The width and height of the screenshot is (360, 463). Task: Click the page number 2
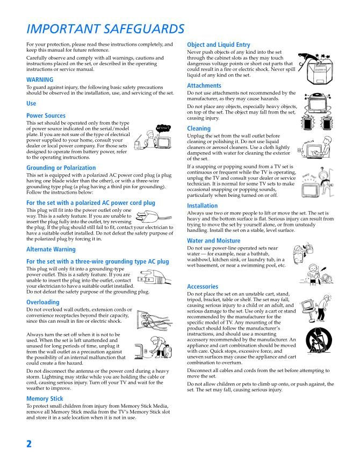click(x=29, y=443)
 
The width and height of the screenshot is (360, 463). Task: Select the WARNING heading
click(x=40, y=80)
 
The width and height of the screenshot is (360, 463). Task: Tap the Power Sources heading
click(x=46, y=116)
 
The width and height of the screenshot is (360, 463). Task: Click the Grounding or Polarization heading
click(x=61, y=168)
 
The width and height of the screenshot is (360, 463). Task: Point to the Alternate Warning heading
click(x=51, y=250)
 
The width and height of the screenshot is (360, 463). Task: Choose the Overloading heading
click(x=42, y=302)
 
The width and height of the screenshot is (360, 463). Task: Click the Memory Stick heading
click(x=45, y=398)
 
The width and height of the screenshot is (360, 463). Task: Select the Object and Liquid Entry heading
click(x=218, y=45)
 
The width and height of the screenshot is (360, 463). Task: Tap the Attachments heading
click(x=204, y=86)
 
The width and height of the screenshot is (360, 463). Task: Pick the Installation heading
click(x=202, y=205)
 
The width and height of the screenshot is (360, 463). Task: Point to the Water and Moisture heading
click(x=213, y=240)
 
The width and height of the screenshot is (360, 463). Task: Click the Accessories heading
click(x=203, y=287)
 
